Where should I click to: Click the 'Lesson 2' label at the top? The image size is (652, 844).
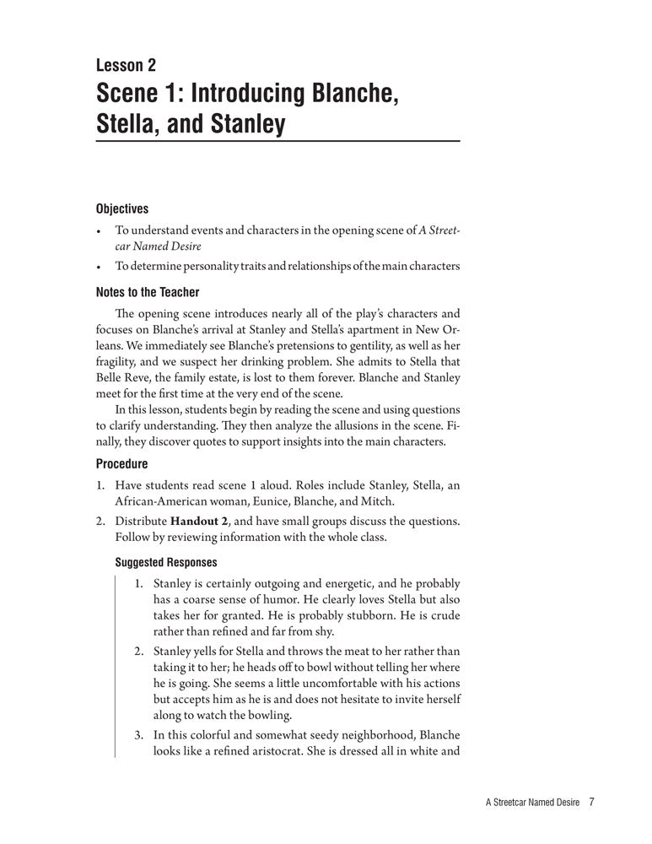pyautogui.click(x=126, y=65)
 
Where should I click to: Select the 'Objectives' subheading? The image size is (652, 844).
pyautogui.click(x=122, y=208)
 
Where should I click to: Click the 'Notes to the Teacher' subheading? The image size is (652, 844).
pyautogui.click(x=148, y=292)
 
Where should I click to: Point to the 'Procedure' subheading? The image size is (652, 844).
pyautogui.click(x=122, y=463)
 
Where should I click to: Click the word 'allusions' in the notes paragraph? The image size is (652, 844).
pyautogui.click(x=364, y=427)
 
